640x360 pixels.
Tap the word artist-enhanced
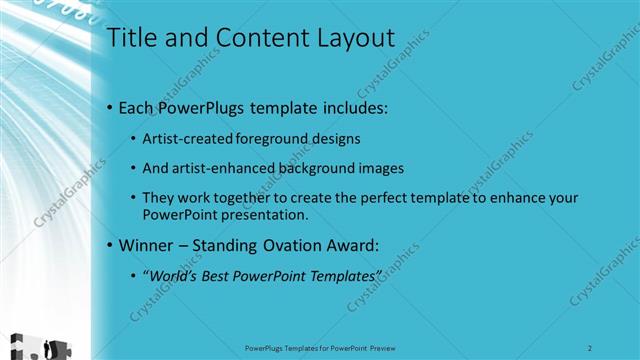coord(221,168)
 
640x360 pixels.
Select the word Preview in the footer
coord(382,348)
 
